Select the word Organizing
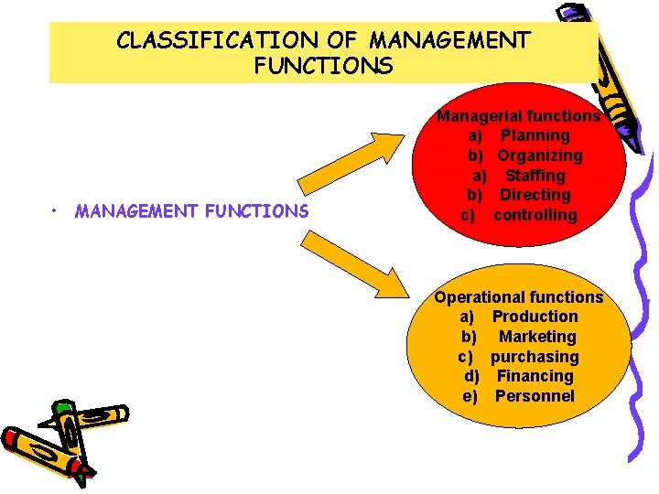point(540,156)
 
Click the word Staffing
point(535,176)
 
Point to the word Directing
point(535,195)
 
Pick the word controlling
point(535,215)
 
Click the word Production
point(535,317)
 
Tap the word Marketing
point(537,337)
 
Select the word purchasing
point(535,357)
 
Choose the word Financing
point(535,376)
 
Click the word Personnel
point(535,396)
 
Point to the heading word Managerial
point(474,116)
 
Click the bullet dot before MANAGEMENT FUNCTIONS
point(57,211)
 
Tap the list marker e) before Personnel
point(471,396)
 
